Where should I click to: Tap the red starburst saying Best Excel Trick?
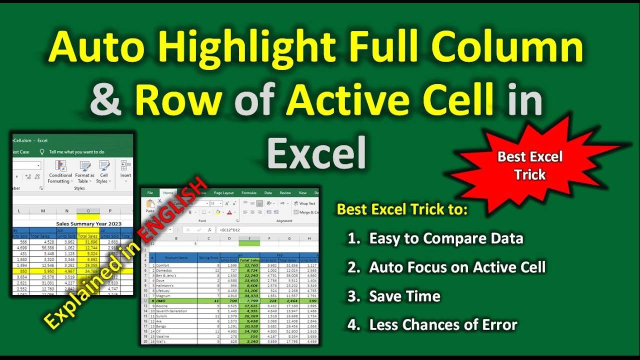530,165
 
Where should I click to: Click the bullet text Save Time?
404,296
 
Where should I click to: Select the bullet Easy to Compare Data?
446,238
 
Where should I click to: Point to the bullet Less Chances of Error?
443,325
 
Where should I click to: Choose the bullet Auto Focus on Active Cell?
457,267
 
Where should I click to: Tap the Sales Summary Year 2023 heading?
88,223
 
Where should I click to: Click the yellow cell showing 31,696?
88,242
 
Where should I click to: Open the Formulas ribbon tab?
248,192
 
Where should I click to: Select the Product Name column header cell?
176,257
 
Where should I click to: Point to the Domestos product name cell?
165,270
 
